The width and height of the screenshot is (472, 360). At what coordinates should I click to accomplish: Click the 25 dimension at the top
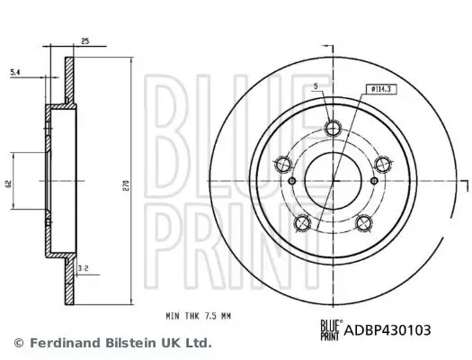tap(84, 40)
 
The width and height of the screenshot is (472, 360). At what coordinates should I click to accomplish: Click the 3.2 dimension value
tap(83, 268)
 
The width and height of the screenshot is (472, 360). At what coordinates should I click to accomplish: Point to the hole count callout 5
tap(316, 88)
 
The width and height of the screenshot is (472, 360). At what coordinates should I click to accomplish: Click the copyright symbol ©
tap(19, 343)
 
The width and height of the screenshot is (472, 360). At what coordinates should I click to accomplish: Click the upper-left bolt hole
tap(283, 164)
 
